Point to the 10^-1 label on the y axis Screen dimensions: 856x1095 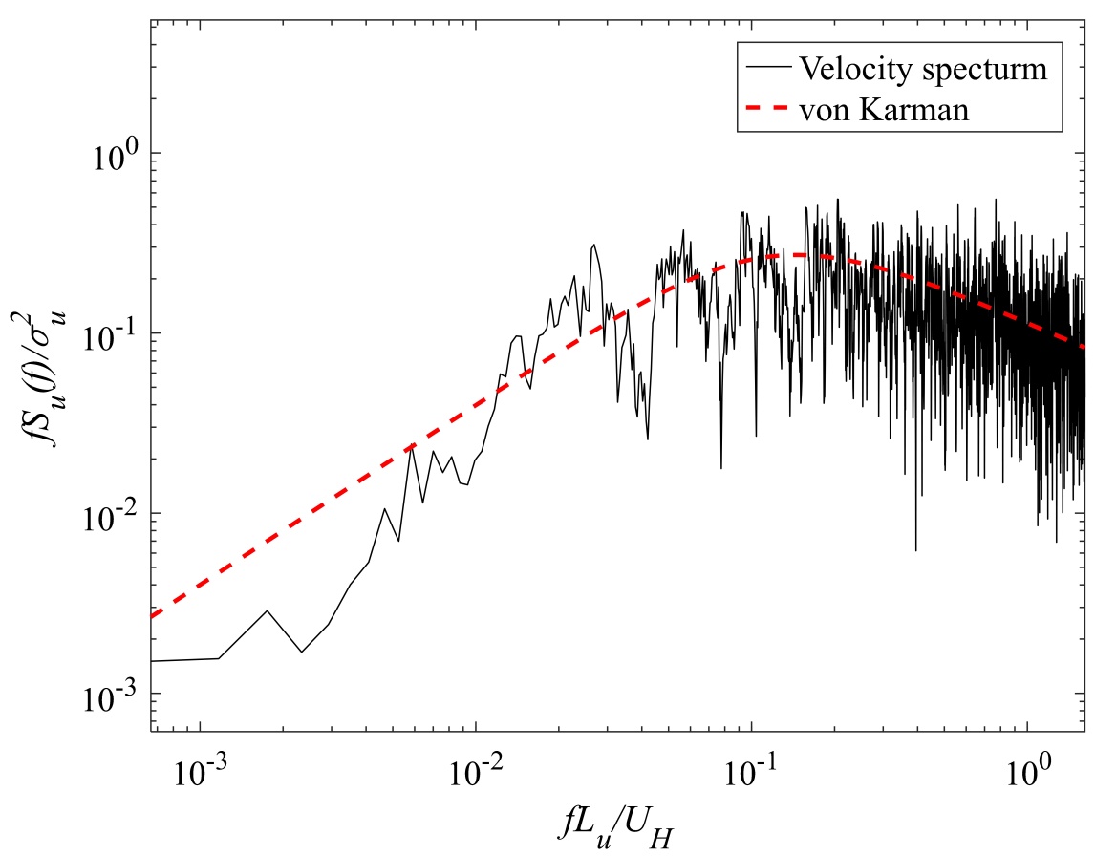(112, 332)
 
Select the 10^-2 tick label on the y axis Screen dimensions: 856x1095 (112, 513)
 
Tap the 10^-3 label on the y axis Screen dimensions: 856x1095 (112, 693)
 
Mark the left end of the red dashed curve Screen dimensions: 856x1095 (153, 617)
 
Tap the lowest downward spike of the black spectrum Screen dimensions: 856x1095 (915, 550)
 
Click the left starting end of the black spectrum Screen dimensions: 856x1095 (153, 661)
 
